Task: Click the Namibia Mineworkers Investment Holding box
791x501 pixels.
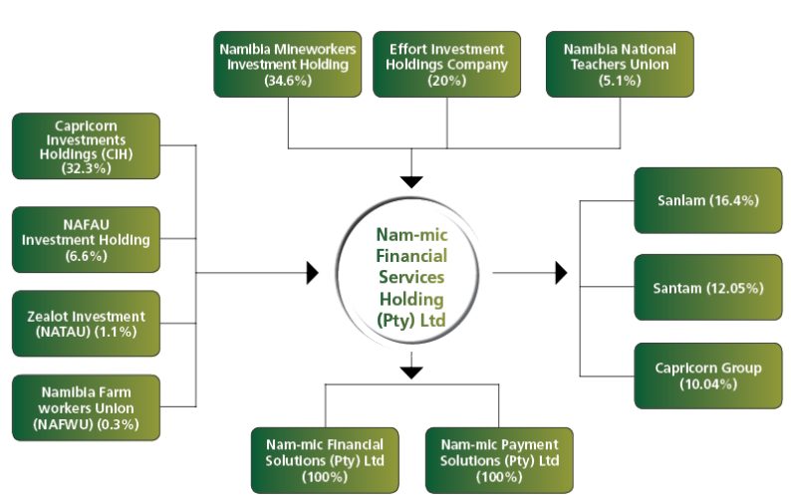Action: pos(288,64)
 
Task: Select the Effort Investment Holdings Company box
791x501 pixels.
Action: pos(446,64)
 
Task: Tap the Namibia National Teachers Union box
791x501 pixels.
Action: pos(620,64)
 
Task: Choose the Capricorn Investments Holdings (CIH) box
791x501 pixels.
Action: pos(86,145)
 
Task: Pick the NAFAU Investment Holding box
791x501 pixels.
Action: pos(86,239)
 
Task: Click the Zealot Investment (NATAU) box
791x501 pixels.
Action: pos(86,324)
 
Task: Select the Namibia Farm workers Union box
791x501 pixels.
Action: pos(86,407)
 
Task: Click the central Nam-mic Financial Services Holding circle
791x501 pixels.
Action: pos(410,274)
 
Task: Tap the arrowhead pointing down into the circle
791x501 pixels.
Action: pos(411,181)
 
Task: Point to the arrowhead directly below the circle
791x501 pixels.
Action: pos(411,372)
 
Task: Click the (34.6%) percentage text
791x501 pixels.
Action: pos(288,81)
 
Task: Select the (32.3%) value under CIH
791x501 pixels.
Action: pos(86,168)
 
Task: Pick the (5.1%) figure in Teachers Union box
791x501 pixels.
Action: pos(620,81)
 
